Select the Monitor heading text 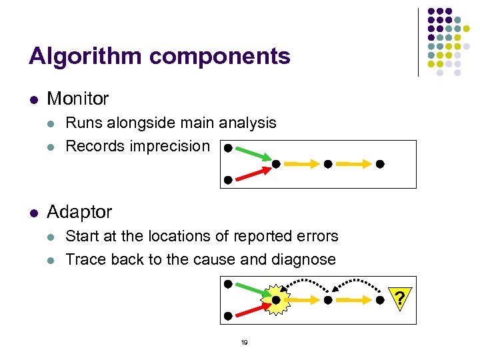[x=78, y=99]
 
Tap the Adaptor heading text [x=79, y=212]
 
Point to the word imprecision [x=172, y=146]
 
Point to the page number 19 [x=244, y=342]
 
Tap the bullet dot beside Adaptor [x=33, y=213]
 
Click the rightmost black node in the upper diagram [x=380, y=163]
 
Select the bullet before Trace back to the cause [x=52, y=260]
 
